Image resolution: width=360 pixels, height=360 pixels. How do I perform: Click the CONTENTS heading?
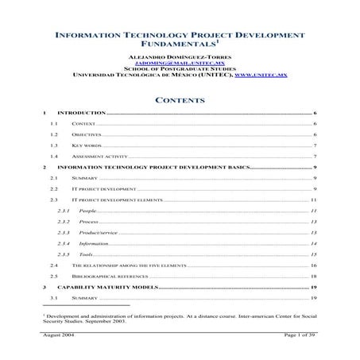point(180,101)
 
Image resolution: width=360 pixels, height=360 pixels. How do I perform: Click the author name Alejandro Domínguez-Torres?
point(180,60)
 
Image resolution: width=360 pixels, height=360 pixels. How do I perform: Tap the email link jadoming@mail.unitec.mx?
point(180,66)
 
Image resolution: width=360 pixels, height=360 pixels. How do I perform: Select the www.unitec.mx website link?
point(261,78)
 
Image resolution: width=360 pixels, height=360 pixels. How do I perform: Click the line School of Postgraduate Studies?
point(180,72)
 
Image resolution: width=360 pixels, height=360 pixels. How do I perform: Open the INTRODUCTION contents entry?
point(83,115)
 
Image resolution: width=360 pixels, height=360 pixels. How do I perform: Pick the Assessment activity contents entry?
point(99,157)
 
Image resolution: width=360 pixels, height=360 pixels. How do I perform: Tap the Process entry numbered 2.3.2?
point(89,222)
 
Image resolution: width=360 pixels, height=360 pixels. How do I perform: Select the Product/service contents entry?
point(99,232)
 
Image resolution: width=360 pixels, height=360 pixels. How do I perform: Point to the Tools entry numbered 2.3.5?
point(87,254)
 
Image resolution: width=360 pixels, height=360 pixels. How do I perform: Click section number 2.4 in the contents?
point(54,264)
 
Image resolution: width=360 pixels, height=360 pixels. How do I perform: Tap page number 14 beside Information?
point(314,242)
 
